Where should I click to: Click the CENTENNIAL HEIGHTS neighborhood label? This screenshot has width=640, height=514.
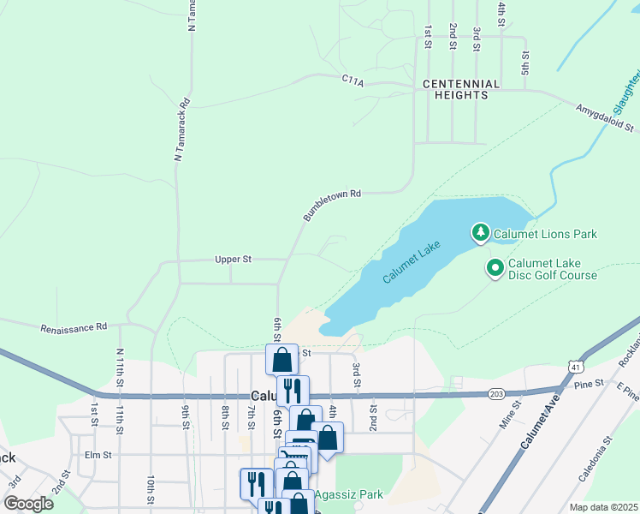point(461,89)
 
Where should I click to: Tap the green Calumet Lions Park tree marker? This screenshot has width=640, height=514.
point(481,233)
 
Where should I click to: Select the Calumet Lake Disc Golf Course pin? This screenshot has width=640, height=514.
point(495,268)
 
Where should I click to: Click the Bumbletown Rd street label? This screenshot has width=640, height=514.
point(332,206)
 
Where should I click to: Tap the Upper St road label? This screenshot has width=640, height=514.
point(233,259)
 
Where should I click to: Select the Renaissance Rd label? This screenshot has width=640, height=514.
point(74,327)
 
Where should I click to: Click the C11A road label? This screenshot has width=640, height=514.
point(353,80)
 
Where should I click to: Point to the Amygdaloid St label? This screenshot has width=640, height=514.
point(607,118)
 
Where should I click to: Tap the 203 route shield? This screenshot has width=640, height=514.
point(496,393)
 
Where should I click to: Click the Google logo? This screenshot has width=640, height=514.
point(28,503)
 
